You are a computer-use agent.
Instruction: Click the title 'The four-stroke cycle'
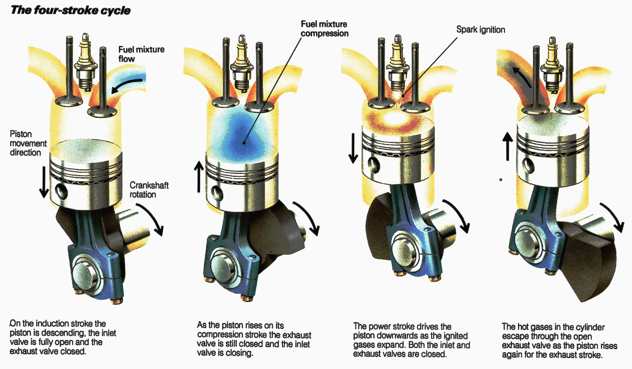coord(71,9)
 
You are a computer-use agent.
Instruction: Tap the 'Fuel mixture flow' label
coord(141,54)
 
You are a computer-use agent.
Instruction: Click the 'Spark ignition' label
coord(480,30)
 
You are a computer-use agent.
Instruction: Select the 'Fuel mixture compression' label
coord(324,29)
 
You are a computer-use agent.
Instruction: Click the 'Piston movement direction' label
coord(28,143)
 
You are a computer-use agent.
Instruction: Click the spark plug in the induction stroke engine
coord(86,62)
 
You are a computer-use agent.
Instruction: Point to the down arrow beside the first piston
coord(44,181)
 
